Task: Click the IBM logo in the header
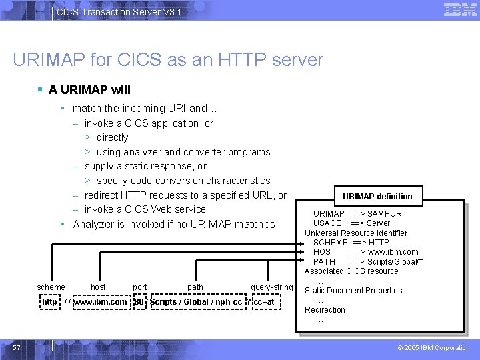coord(460,10)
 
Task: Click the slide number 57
coord(16,347)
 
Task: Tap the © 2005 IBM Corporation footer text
coord(433,348)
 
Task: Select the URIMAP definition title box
coord(377,196)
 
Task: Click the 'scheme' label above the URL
coord(51,287)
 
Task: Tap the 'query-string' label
coord(271,287)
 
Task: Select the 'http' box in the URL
coord(49,302)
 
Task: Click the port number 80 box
coord(139,302)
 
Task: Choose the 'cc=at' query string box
coord(264,302)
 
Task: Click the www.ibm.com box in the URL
coord(99,302)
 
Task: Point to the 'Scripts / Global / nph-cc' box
coord(196,302)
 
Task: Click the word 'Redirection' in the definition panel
coord(325,310)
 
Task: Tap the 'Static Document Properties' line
coord(353,291)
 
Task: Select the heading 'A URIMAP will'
coord(89,90)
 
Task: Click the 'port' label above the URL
coord(140,287)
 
